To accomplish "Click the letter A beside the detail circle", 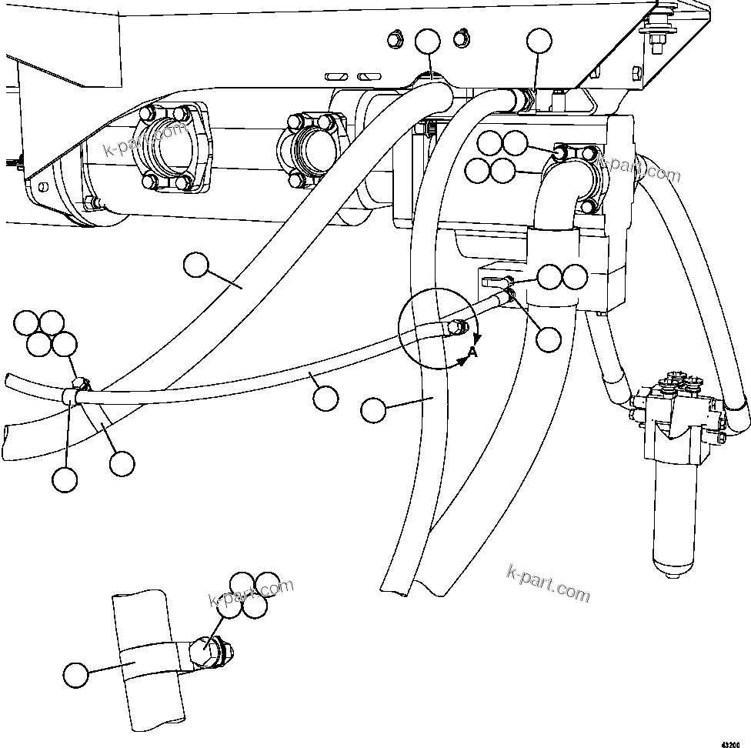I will pos(472,352).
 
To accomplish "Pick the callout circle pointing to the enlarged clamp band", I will pos(75,676).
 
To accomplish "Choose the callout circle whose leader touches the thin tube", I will pos(325,397).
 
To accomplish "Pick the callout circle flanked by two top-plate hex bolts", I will pos(428,42).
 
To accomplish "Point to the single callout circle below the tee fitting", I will pos(549,339).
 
